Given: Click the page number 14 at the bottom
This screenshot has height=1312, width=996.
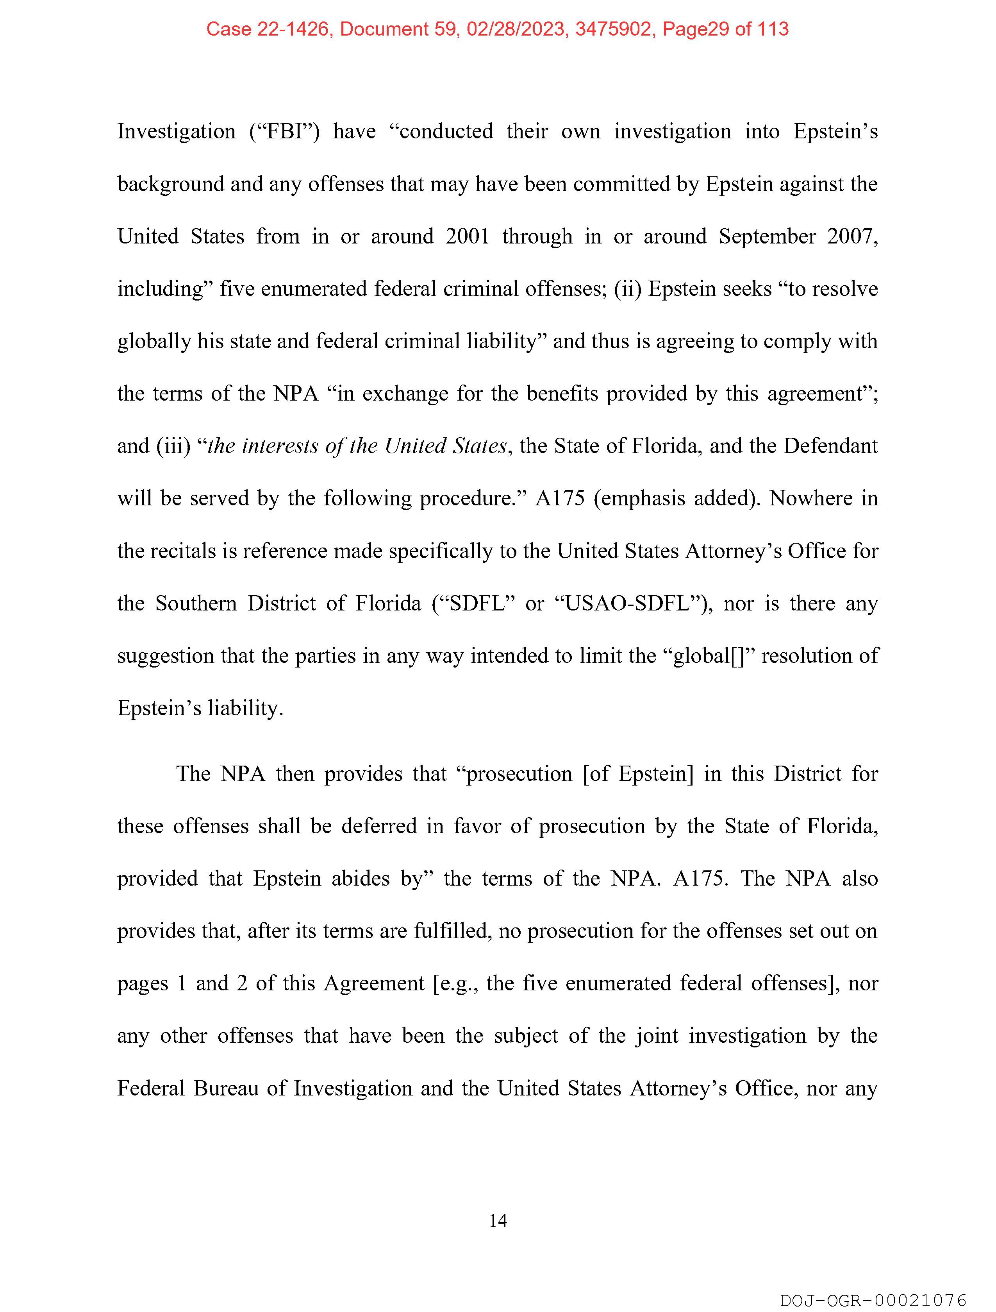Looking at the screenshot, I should (498, 1221).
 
